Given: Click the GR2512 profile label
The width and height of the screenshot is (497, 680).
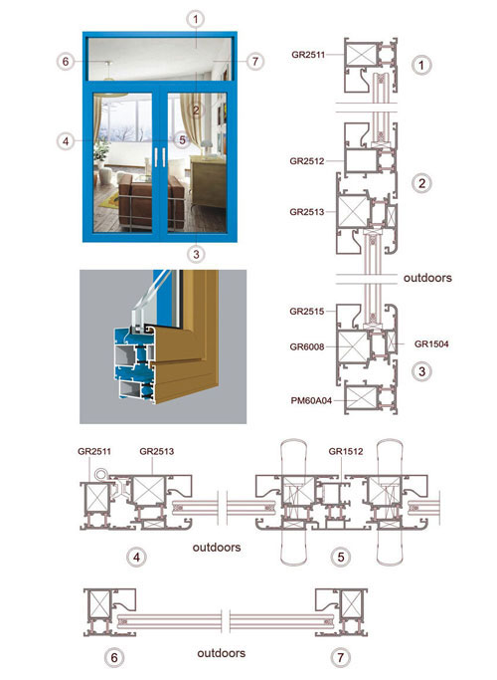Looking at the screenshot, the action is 307,161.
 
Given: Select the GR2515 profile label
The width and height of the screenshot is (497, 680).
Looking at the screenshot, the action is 307,312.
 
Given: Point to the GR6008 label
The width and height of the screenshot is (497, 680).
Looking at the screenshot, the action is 307,346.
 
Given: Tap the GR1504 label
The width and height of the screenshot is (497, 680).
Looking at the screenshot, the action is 431,344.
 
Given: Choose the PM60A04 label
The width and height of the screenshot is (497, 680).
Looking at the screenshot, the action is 311,400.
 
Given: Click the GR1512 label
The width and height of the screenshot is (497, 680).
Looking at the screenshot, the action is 346,451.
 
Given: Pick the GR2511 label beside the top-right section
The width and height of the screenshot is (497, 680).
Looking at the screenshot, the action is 308,55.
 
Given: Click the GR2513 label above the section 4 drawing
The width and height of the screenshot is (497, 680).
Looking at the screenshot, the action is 157,451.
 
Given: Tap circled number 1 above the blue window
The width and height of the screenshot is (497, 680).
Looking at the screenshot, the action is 196,19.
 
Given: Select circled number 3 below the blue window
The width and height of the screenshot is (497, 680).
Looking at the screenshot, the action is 196,254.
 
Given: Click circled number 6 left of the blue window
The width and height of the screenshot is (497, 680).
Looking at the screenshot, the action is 66,61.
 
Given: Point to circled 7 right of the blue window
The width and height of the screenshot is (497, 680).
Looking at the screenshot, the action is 255,61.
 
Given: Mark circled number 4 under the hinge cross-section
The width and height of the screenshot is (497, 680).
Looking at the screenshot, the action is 137,557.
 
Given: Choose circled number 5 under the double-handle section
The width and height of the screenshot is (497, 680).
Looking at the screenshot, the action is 341,557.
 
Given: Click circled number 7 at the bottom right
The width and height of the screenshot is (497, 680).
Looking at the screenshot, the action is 340,657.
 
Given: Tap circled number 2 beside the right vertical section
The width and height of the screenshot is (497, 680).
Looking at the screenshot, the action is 421,183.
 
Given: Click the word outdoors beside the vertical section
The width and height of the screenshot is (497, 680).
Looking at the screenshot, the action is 427,278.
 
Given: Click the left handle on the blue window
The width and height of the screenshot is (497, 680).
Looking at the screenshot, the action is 156,157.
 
